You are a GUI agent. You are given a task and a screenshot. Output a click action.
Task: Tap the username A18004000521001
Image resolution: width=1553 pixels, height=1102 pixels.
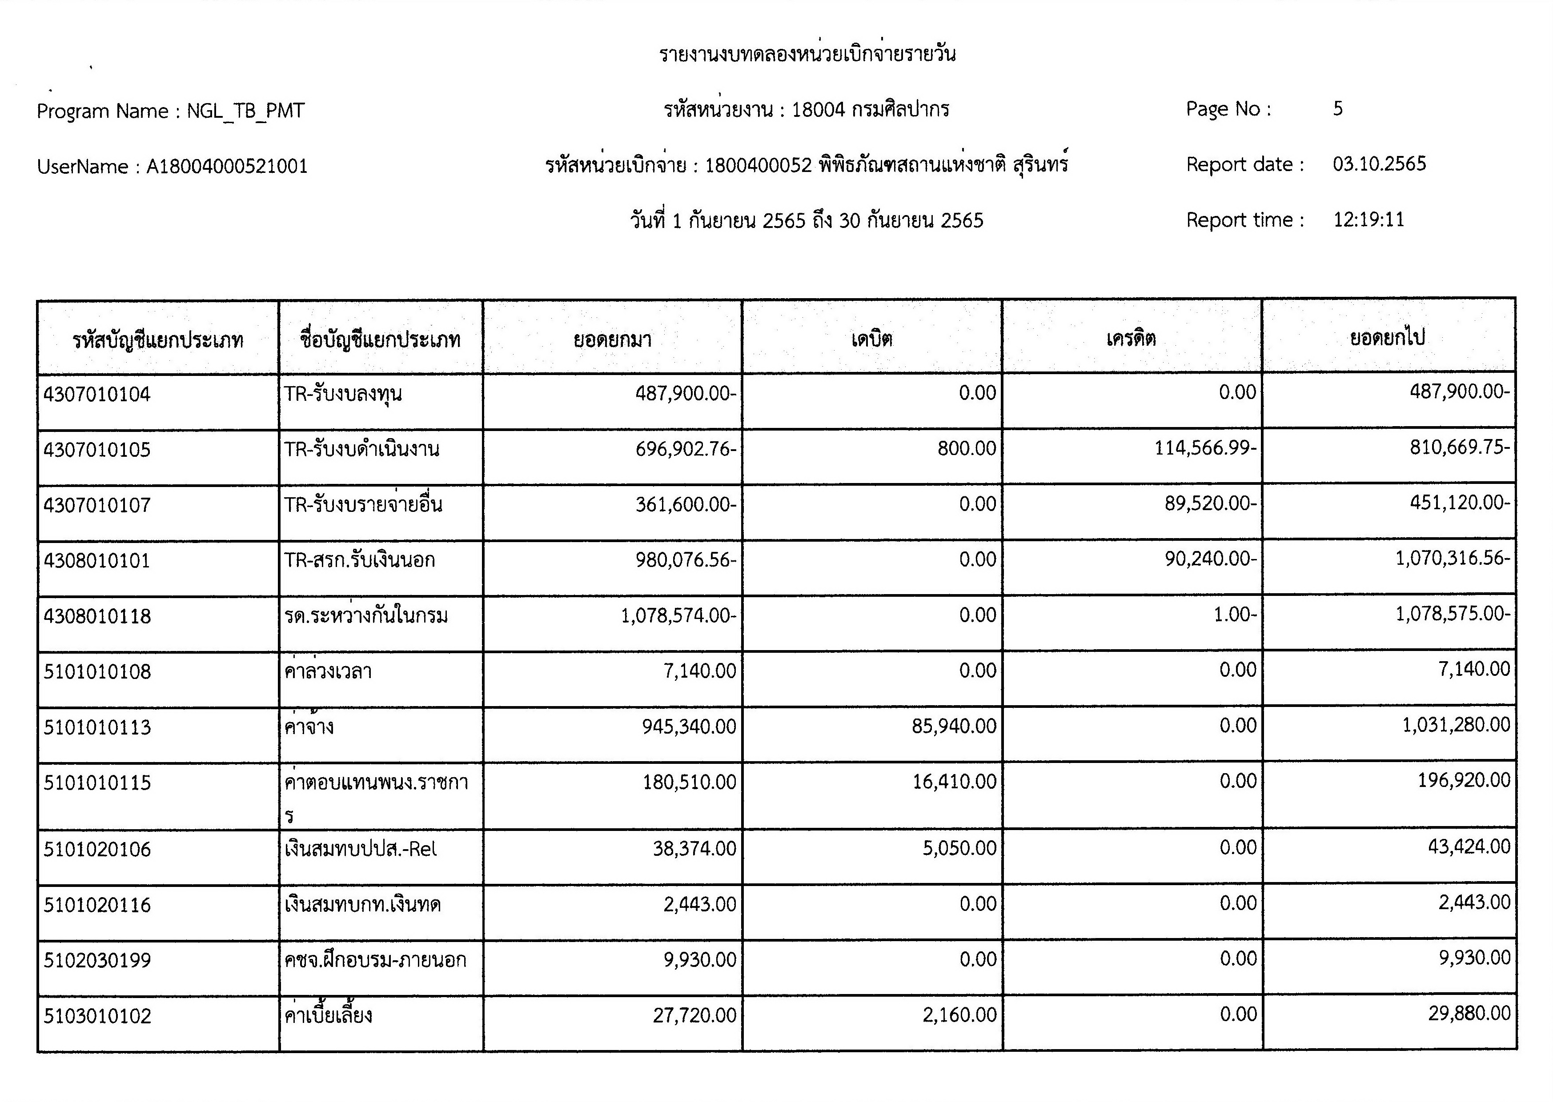coord(227,166)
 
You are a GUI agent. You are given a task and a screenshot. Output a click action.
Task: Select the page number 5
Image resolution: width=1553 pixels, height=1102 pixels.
coord(1337,108)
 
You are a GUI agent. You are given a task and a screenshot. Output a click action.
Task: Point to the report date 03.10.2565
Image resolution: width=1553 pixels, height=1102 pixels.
coord(1379,164)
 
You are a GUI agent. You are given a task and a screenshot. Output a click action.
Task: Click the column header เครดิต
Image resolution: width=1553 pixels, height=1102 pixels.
coord(1131,338)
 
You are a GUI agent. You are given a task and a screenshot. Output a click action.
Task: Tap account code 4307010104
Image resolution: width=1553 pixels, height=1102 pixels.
coord(97,394)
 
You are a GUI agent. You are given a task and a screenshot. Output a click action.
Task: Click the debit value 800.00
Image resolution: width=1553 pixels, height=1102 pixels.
coord(967,448)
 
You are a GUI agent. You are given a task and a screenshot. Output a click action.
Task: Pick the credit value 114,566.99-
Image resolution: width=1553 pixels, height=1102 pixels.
coord(1205,448)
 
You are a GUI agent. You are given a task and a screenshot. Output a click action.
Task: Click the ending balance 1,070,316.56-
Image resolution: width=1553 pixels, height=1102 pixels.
coord(1452,559)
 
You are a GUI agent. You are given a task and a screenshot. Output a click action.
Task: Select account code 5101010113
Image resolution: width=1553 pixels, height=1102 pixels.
coord(97,727)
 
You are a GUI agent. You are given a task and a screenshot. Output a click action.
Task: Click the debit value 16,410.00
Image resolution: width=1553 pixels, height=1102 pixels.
coord(954,782)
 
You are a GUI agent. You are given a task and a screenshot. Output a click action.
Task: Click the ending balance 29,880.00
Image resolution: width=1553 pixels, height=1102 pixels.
coord(1469,1014)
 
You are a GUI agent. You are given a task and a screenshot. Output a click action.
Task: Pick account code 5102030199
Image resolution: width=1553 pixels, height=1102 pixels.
coord(97,961)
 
